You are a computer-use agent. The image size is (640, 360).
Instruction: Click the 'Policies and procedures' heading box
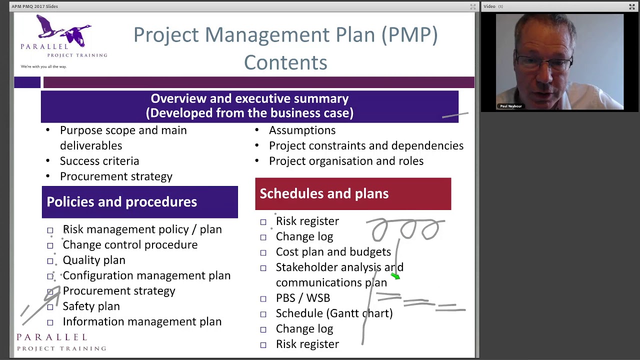click(x=139, y=202)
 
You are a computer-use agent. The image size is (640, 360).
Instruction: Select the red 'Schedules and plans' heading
click(x=352, y=194)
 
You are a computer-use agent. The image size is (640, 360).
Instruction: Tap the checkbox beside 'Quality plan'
click(x=50, y=261)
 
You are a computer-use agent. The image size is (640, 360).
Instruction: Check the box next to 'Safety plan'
click(x=50, y=307)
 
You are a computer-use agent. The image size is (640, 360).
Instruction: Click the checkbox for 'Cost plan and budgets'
click(x=263, y=252)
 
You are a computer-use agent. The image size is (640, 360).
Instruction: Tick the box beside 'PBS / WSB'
click(x=263, y=298)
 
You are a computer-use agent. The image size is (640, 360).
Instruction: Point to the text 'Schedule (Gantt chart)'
click(x=334, y=313)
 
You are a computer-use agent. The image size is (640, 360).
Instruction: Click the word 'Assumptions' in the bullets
click(x=302, y=130)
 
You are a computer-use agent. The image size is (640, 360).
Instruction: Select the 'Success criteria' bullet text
click(x=99, y=161)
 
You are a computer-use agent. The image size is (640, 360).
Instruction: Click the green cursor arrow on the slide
click(x=395, y=275)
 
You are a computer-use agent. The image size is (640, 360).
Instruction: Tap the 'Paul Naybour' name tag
click(x=510, y=106)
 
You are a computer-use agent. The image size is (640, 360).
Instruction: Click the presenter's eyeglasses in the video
click(x=545, y=63)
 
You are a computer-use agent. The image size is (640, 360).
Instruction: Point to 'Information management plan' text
click(x=142, y=322)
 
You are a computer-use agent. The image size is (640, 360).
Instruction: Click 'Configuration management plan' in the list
click(x=146, y=275)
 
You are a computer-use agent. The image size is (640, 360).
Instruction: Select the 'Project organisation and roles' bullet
click(x=346, y=161)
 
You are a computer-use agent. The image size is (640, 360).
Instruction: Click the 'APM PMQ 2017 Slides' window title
click(x=35, y=6)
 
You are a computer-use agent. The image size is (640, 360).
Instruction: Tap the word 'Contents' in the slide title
click(x=285, y=63)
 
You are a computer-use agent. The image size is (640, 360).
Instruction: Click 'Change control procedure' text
click(x=130, y=245)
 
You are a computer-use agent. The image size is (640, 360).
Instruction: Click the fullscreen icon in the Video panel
click(x=631, y=6)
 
